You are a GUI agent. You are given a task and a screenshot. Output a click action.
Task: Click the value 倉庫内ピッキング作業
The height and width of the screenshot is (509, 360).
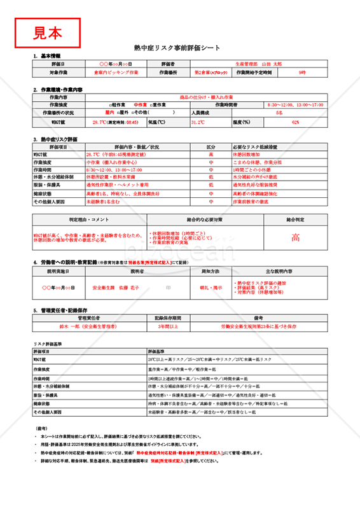(x=115, y=73)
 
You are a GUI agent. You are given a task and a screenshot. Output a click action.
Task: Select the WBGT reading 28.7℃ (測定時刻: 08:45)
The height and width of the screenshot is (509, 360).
(x=115, y=122)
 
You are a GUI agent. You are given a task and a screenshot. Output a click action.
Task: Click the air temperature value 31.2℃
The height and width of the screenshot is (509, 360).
(x=197, y=122)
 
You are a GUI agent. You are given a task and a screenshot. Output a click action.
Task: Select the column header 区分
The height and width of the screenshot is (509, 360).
(x=211, y=146)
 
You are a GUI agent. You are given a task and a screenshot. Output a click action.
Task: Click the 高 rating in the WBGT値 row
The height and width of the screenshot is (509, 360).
(x=211, y=155)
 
